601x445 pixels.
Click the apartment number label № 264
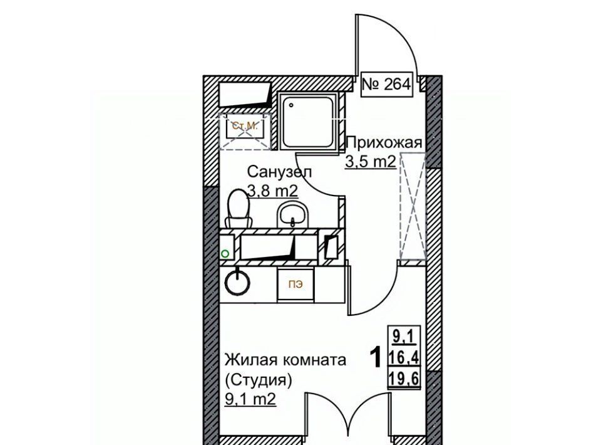[x=386, y=85]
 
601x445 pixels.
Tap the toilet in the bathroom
[x=238, y=209]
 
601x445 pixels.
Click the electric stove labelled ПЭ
[x=296, y=285]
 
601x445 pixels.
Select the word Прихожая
[x=384, y=143]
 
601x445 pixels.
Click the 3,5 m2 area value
[x=370, y=162]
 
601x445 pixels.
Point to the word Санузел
[x=279, y=172]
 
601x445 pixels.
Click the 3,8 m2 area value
[x=273, y=191]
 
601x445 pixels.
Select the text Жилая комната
[x=285, y=360]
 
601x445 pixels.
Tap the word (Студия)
[x=259, y=380]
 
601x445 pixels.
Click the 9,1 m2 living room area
[x=250, y=400]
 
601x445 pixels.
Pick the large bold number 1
[x=376, y=357]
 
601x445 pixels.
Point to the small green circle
[x=225, y=254]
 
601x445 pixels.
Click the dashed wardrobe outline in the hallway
[x=413, y=206]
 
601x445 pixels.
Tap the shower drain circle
[x=291, y=105]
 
